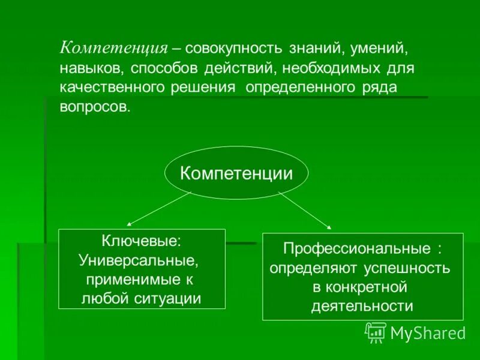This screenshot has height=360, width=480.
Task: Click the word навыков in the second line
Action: (x=91, y=68)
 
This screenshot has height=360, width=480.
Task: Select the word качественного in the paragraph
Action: (x=113, y=88)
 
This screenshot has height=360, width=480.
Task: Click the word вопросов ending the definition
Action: (x=94, y=107)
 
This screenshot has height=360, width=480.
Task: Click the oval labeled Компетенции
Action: (x=236, y=174)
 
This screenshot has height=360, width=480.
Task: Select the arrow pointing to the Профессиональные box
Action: (x=304, y=209)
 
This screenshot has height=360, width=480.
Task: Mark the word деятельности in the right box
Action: (x=362, y=306)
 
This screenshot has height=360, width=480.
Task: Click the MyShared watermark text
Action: (x=428, y=332)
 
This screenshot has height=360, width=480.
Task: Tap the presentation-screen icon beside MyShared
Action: (x=376, y=332)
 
